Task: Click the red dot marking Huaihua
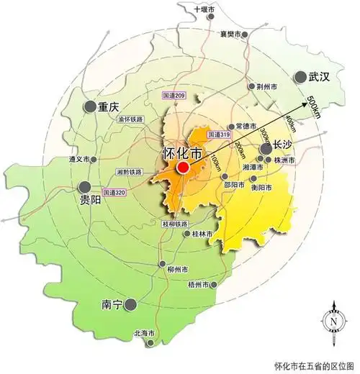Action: [183, 168]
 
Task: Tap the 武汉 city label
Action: [318, 76]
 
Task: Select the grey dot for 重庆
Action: [89, 106]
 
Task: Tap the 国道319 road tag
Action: [218, 134]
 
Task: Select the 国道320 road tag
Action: [113, 193]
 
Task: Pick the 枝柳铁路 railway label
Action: [174, 224]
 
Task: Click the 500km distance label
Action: [313, 106]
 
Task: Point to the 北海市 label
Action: [144, 333]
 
